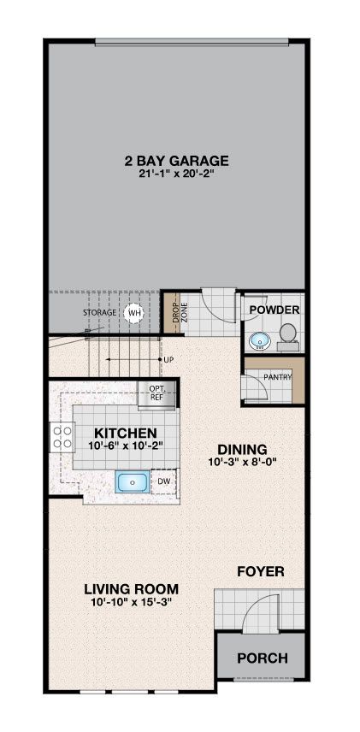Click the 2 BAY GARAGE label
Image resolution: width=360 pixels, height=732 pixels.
pyautogui.click(x=176, y=161)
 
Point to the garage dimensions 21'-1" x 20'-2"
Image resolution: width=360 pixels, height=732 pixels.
pyautogui.click(x=176, y=174)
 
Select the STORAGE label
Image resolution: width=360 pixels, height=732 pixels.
pyautogui.click(x=99, y=312)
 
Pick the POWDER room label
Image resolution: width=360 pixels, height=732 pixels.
pyautogui.click(x=274, y=310)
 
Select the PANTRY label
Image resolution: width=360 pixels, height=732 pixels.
pyautogui.click(x=278, y=377)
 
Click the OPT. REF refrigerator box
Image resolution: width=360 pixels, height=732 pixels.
pyautogui.click(x=156, y=395)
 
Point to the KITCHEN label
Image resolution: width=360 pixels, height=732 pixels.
pyautogui.click(x=124, y=433)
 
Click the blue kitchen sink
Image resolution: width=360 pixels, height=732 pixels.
pyautogui.click(x=133, y=481)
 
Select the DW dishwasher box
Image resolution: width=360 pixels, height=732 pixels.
pyautogui.click(x=163, y=481)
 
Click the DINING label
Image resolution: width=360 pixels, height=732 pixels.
pyautogui.click(x=242, y=450)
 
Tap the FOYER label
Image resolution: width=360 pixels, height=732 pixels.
pyautogui.click(x=261, y=571)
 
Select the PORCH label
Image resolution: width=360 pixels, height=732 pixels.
pyautogui.click(x=263, y=658)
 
